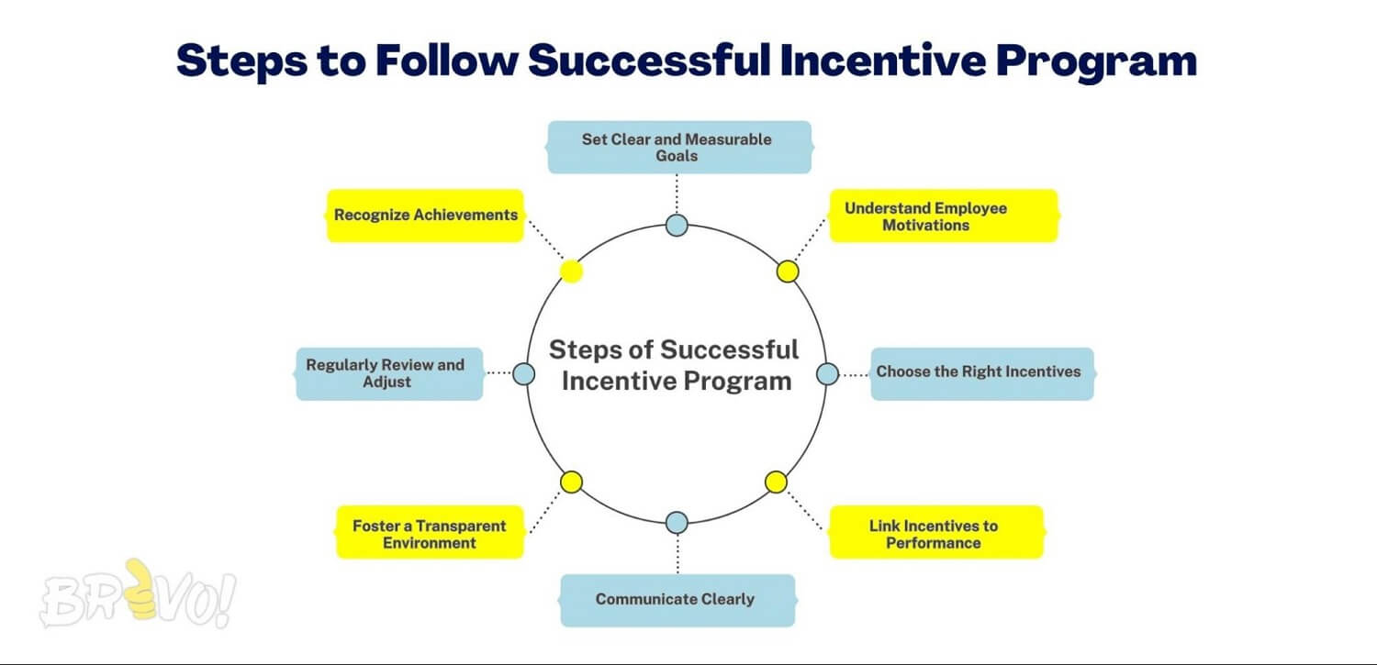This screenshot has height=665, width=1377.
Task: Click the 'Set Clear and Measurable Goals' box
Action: point(679,147)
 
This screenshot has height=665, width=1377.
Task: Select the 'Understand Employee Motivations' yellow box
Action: point(944,216)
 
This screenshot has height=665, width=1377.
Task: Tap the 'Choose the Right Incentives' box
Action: point(981,372)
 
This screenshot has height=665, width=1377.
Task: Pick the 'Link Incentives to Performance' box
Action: point(936,532)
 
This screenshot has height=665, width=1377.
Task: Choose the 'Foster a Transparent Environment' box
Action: point(430,532)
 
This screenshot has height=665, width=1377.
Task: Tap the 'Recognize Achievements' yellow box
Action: point(425,216)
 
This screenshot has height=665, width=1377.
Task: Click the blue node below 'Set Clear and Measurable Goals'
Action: point(677,225)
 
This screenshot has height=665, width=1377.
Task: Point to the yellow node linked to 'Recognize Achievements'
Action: point(571,271)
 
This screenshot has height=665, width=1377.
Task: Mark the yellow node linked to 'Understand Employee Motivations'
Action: point(788,272)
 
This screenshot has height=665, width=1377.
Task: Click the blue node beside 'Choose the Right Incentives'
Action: point(827,373)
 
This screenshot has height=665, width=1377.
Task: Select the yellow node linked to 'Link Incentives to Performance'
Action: point(776,482)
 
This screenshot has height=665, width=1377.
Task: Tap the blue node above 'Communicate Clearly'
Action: point(677,523)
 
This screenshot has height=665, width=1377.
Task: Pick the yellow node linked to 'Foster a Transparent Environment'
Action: point(571,482)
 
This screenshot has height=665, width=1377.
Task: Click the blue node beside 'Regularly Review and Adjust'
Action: point(523,373)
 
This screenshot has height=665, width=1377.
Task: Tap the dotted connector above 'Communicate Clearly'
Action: point(677,554)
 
